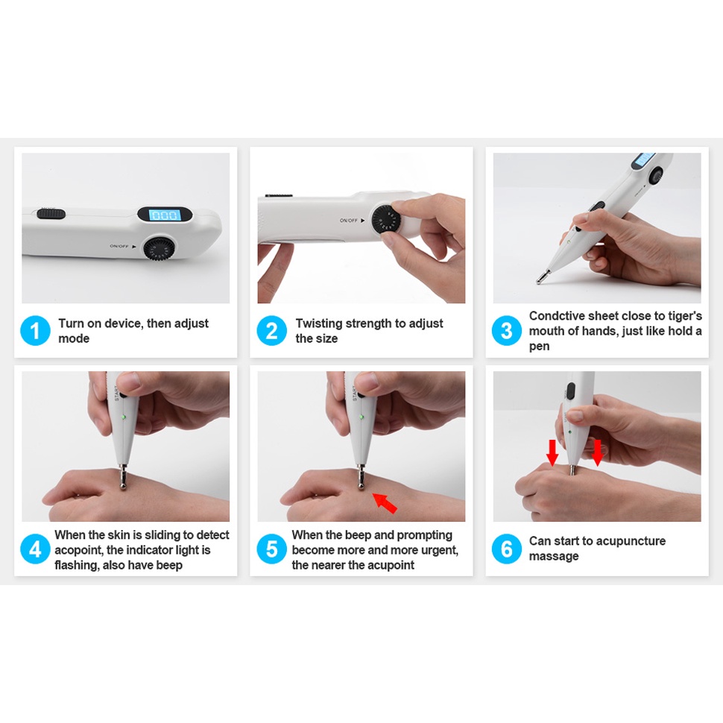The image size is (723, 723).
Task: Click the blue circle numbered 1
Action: (35, 330)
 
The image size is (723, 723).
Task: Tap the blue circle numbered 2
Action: (271, 330)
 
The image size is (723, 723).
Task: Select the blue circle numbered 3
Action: (506, 330)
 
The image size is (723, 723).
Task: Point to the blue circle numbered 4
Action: (35, 549)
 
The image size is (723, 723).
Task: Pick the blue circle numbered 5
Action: (271, 549)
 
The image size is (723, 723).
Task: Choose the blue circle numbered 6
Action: (506, 549)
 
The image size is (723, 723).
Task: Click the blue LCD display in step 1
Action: (165, 215)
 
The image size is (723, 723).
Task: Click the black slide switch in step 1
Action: (51, 213)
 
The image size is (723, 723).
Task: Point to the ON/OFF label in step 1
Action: (119, 246)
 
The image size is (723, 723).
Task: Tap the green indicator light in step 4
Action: (124, 417)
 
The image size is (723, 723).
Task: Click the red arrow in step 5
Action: (385, 502)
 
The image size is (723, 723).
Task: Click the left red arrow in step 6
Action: (552, 452)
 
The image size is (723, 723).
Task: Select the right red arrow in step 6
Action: (597, 452)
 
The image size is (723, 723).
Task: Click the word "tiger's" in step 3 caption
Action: (683, 316)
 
